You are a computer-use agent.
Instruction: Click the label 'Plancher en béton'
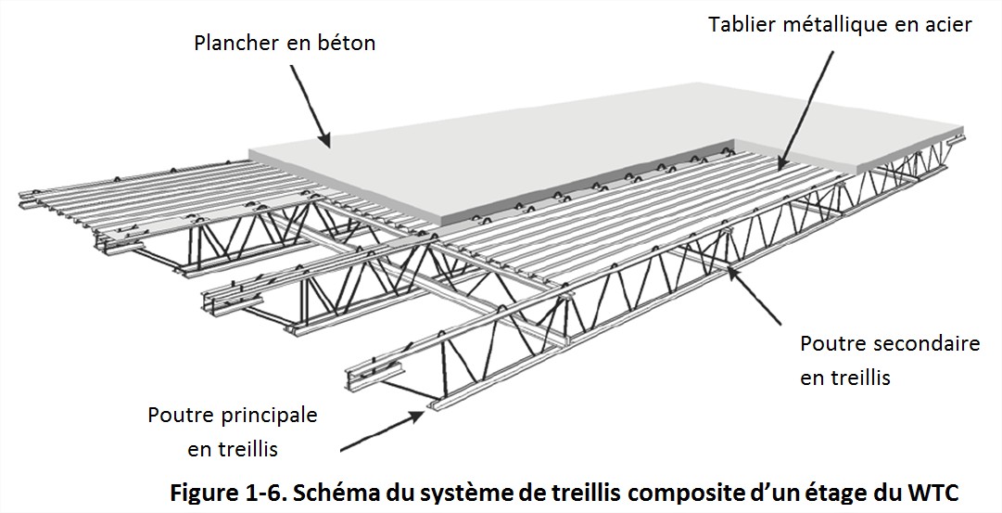[285, 44]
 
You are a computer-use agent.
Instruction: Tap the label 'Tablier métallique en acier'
[840, 25]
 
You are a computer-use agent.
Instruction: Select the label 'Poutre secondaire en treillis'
[889, 361]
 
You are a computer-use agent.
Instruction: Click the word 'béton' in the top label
[344, 44]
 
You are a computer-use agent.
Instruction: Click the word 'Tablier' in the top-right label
[740, 25]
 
